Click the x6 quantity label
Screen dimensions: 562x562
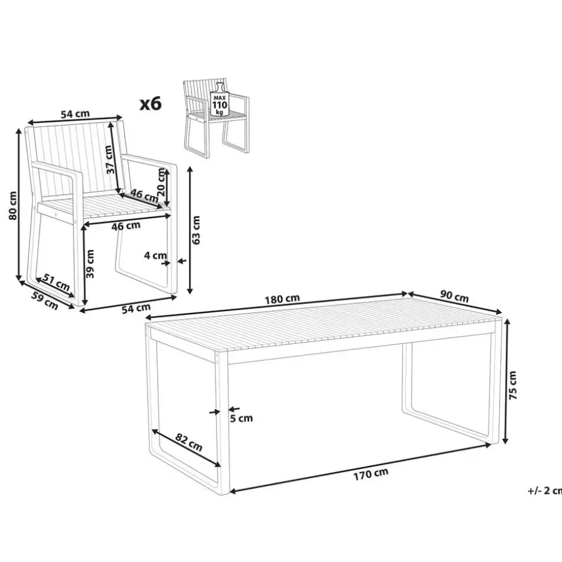click(150, 103)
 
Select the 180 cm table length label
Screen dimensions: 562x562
click(282, 299)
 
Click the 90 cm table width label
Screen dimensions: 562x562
click(454, 297)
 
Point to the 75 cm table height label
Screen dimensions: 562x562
click(513, 385)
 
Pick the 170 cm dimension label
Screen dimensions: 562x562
click(371, 474)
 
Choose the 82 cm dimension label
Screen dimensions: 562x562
click(189, 442)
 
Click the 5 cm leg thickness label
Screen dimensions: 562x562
click(241, 418)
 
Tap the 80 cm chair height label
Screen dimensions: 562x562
click(13, 205)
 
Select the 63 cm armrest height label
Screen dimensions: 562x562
click(196, 230)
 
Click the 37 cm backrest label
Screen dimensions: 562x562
click(111, 160)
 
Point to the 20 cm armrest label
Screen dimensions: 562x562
click(161, 182)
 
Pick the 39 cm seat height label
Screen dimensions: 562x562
click(90, 264)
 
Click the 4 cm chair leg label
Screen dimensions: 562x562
click(155, 255)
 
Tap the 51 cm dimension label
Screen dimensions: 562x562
click(56, 282)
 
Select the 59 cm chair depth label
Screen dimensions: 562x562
click(45, 300)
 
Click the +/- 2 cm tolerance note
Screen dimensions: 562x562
click(544, 490)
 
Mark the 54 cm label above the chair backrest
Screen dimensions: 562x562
click(75, 114)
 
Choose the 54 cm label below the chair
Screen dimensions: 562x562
click(136, 308)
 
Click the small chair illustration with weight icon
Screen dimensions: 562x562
click(216, 118)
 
